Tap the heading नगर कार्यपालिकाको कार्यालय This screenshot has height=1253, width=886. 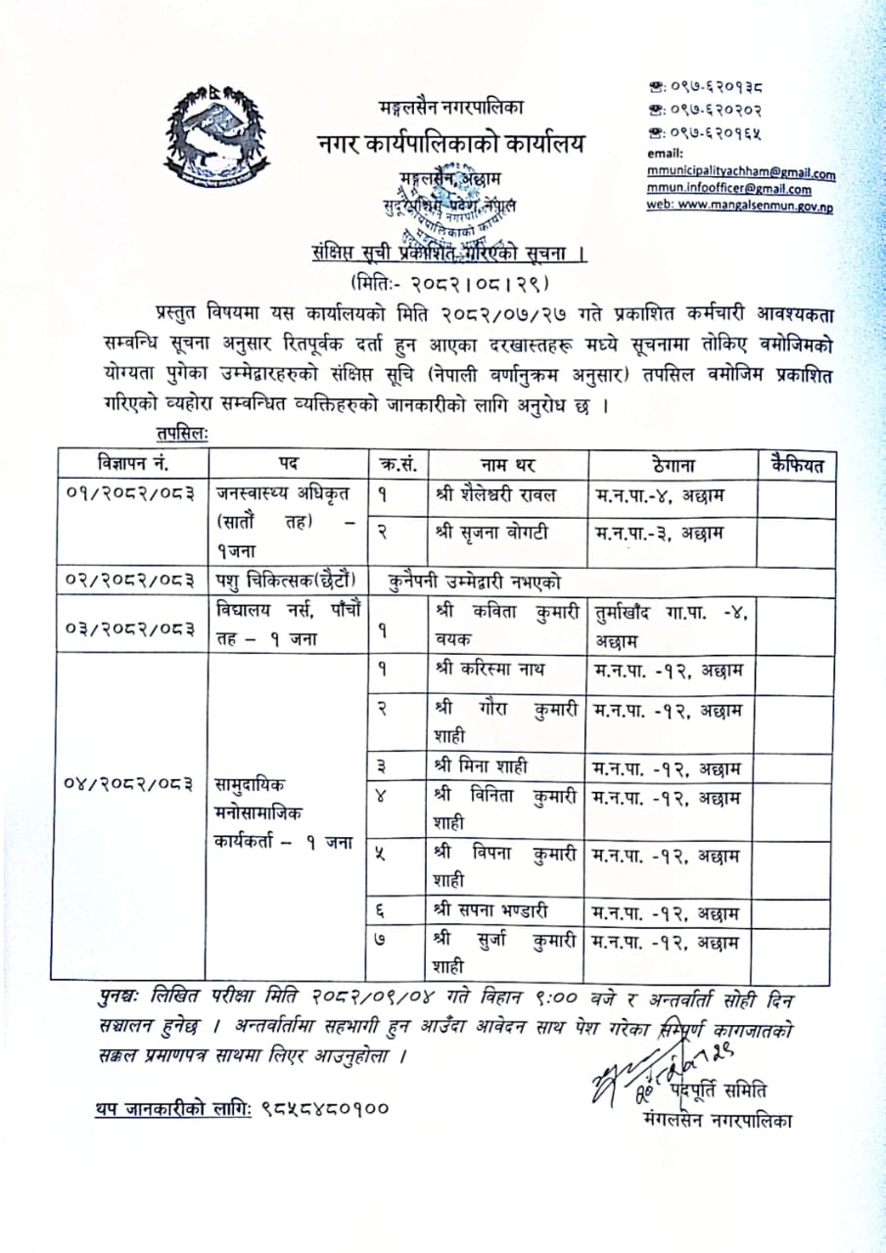451,143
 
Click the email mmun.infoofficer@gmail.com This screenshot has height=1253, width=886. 728,190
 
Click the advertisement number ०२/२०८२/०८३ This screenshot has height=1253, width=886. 129,580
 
